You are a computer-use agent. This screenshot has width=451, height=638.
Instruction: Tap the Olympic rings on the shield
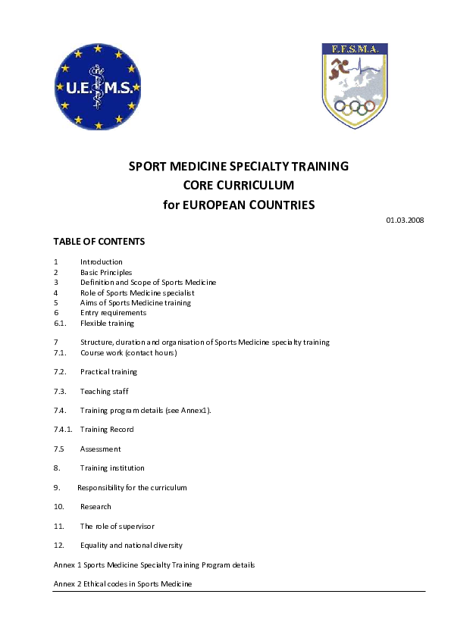[355, 108]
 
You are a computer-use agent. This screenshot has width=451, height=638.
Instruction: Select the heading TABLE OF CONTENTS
[99, 242]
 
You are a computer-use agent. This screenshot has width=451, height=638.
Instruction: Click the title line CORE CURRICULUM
[239, 185]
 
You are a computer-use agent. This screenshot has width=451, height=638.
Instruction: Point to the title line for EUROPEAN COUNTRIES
[239, 205]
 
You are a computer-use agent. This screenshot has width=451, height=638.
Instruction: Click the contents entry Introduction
[102, 262]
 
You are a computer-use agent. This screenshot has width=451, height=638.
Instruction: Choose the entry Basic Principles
[106, 272]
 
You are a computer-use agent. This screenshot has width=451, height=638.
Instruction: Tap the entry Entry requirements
[113, 312]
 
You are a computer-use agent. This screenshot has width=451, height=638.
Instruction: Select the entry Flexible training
[107, 323]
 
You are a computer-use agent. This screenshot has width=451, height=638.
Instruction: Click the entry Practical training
[108, 372]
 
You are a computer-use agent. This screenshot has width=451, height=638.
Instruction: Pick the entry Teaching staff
[105, 391]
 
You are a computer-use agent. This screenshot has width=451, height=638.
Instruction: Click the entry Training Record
[107, 430]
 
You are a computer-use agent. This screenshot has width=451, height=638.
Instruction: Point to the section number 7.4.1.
[63, 430]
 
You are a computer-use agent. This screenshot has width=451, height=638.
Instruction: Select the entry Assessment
[101, 449]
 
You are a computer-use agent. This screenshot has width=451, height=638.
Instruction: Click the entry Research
[96, 506]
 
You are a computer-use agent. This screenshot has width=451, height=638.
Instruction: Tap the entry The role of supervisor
[117, 526]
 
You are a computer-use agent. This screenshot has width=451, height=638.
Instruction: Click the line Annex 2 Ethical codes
[123, 584]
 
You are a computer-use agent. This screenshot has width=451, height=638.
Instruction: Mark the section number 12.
[58, 545]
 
